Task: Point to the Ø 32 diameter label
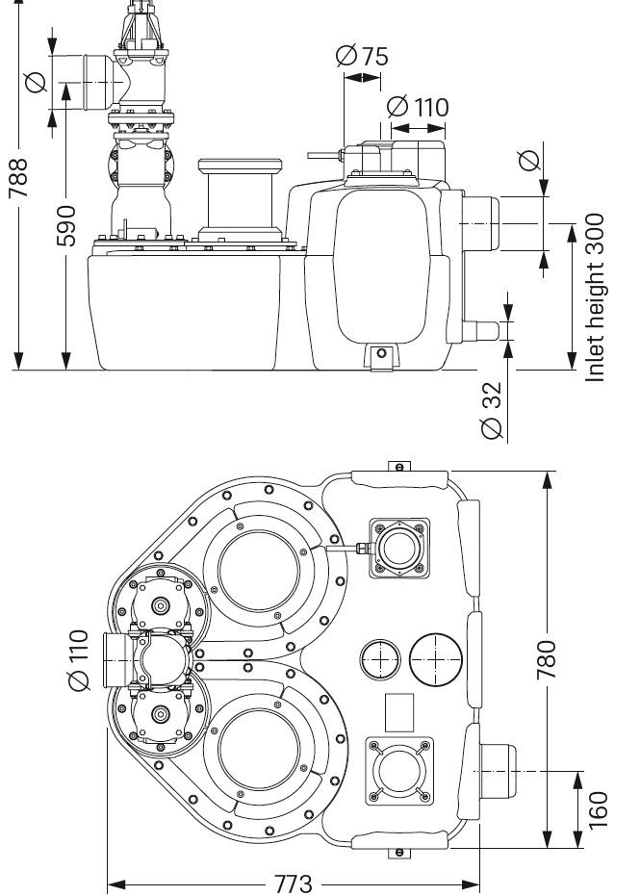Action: click(x=492, y=410)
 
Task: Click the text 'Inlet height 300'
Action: click(x=596, y=297)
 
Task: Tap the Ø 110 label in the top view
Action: click(x=79, y=660)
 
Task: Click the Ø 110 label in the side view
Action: click(x=417, y=106)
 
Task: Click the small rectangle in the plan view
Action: click(x=400, y=712)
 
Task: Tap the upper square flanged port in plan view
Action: click(x=399, y=549)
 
